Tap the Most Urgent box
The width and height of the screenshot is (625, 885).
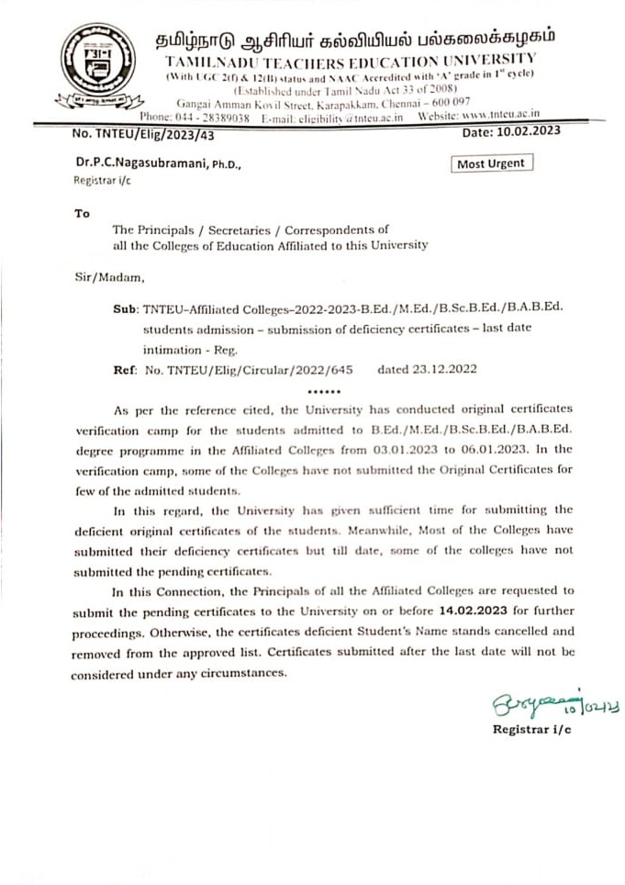[x=493, y=163]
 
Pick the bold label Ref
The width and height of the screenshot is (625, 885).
[x=124, y=372]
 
